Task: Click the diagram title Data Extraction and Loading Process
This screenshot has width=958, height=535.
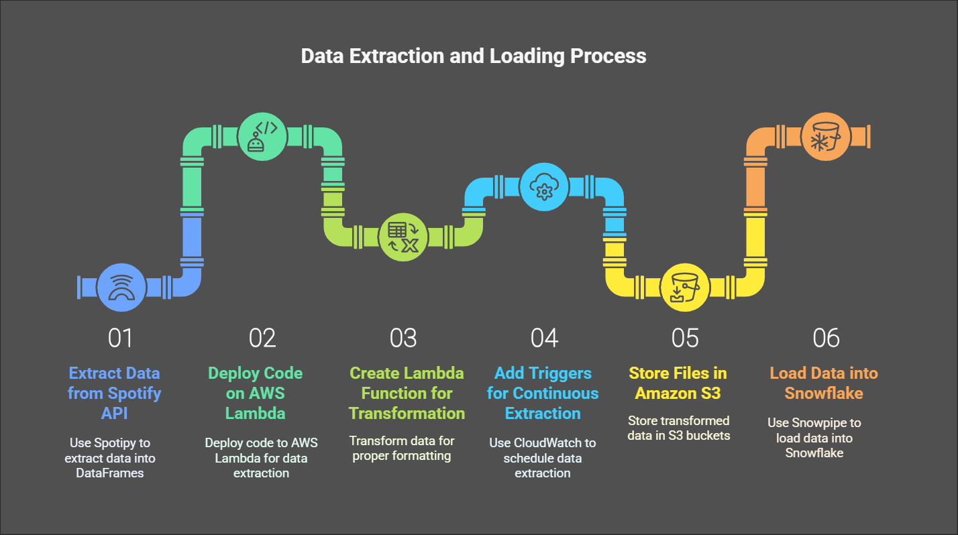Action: [x=474, y=56]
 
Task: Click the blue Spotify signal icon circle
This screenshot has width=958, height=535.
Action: [x=121, y=287]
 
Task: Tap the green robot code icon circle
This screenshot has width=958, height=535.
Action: [x=262, y=137]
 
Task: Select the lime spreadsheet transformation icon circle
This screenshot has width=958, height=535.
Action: [x=403, y=237]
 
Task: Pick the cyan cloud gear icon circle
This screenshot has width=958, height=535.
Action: [x=544, y=187]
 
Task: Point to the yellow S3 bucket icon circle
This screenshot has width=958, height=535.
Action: [x=685, y=287]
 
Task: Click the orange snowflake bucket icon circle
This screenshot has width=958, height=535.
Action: [x=825, y=137]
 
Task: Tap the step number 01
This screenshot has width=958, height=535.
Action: [x=120, y=338]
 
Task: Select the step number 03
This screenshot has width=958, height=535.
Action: [x=403, y=338]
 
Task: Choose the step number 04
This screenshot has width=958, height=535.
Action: [x=544, y=338]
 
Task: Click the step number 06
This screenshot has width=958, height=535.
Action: [x=826, y=338]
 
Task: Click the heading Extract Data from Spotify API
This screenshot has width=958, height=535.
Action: [x=114, y=393]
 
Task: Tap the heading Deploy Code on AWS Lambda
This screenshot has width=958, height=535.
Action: [x=256, y=393]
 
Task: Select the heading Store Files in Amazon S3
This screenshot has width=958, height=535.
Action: [x=678, y=383]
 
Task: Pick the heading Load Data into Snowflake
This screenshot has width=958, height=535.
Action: [x=824, y=383]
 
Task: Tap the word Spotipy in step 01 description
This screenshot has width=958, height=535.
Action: [x=115, y=443]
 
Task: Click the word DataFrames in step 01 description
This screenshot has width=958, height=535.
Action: [x=110, y=473]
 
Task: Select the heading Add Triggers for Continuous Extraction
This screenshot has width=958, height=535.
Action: [x=543, y=393]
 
